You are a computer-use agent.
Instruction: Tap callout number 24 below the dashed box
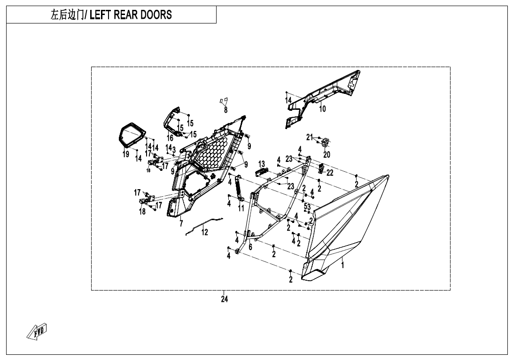tap(225, 300)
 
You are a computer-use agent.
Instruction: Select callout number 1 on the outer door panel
tap(342, 265)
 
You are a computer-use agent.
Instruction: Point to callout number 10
tap(322, 109)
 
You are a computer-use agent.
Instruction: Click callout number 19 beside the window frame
tap(126, 154)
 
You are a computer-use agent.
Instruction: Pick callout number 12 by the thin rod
tap(205, 232)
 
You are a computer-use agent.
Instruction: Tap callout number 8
tap(225, 110)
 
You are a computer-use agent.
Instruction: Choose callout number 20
tap(326, 154)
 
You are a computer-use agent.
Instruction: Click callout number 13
tap(262, 164)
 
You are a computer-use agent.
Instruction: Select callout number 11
tap(241, 208)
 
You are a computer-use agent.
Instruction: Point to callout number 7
tap(181, 224)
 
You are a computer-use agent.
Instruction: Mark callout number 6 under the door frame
tap(250, 246)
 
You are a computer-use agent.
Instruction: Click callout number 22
tap(330, 173)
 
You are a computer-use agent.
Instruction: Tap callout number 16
tap(170, 138)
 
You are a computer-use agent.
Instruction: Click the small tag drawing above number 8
tap(224, 101)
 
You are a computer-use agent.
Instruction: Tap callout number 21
tap(309, 137)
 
